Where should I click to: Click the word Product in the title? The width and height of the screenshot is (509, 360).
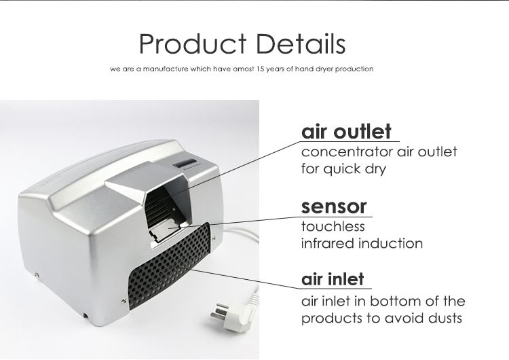[x=193, y=44]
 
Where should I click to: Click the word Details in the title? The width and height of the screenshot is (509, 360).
[x=301, y=44]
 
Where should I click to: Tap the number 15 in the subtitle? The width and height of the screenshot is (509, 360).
[x=261, y=69]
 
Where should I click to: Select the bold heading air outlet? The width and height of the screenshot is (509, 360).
[x=346, y=131]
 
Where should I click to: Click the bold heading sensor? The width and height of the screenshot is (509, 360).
[x=334, y=206]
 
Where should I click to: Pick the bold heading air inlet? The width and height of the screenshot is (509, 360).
[x=333, y=279]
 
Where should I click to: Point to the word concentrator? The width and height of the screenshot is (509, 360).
[x=343, y=151]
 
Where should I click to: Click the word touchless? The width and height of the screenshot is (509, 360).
[x=333, y=226]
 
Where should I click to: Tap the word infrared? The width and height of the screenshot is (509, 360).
[x=326, y=243]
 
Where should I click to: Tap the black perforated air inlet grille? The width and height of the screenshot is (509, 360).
[x=170, y=266]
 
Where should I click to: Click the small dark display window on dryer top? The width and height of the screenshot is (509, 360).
[x=185, y=163]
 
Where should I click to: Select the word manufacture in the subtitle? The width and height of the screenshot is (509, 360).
[x=166, y=69]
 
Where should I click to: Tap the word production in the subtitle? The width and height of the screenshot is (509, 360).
[x=354, y=69]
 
